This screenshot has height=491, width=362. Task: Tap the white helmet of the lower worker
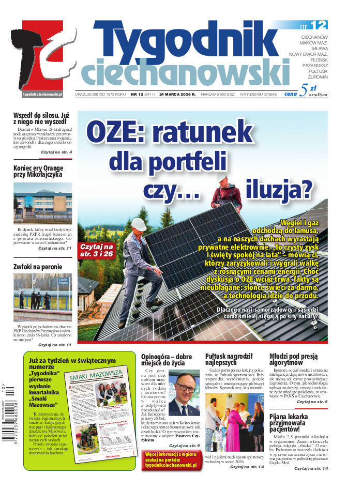pos(139,224)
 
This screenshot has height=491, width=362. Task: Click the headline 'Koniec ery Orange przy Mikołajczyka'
pos(38,171)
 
